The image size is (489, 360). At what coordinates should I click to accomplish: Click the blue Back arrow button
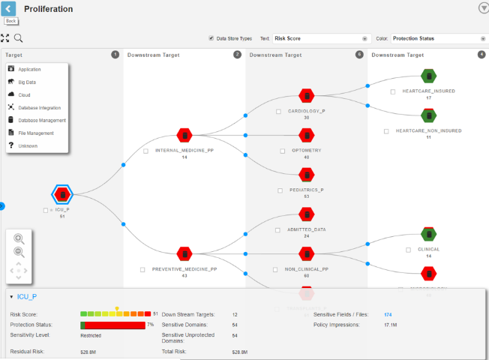(x=9, y=9)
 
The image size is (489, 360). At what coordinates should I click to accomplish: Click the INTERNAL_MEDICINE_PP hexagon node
(x=184, y=135)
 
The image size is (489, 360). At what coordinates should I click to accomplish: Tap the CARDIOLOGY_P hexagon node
(x=306, y=96)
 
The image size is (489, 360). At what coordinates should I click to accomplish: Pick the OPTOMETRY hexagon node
(x=306, y=135)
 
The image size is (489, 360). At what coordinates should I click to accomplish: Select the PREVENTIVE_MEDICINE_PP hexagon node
(x=184, y=253)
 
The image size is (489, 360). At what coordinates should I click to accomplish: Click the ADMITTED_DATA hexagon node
(x=306, y=214)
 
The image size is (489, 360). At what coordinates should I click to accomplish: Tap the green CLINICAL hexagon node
(x=428, y=235)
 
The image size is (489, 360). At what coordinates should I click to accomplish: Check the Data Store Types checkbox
(x=211, y=38)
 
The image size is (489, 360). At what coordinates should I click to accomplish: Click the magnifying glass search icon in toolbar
(x=18, y=38)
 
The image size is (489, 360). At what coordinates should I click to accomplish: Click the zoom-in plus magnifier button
(x=19, y=238)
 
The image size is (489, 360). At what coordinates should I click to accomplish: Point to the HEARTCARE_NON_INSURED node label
(x=428, y=130)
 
